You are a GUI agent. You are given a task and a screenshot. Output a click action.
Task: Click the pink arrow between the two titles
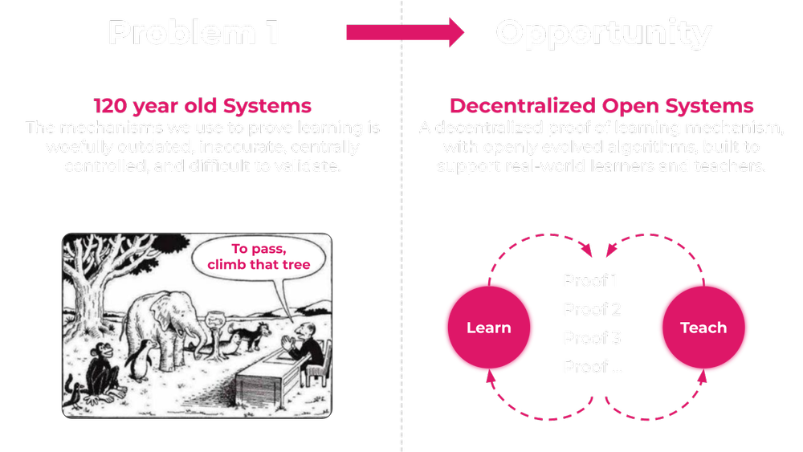(405, 32)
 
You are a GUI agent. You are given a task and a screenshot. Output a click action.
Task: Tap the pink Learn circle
(488, 328)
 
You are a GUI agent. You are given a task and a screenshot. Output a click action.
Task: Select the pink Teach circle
(703, 328)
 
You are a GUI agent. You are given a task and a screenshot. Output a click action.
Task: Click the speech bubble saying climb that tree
(259, 257)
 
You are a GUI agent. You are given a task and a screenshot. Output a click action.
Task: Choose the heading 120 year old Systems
(202, 107)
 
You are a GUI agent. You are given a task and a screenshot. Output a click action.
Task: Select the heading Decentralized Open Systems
(601, 107)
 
